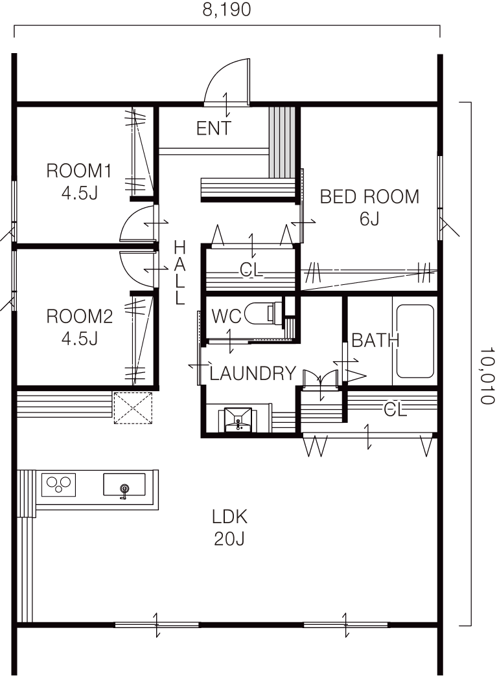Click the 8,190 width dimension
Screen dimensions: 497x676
(x=227, y=10)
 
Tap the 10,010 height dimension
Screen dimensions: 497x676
(x=487, y=376)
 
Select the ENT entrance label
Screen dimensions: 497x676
(x=214, y=128)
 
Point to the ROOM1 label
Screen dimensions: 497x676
(x=79, y=171)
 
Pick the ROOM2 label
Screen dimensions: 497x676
(x=80, y=317)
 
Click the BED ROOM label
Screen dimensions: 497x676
(x=369, y=197)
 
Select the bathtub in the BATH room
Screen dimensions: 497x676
(x=415, y=341)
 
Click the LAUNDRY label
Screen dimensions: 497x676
(x=253, y=374)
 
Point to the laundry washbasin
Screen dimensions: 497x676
(x=238, y=419)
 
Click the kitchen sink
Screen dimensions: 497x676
(x=124, y=485)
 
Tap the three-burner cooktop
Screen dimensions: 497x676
(x=59, y=484)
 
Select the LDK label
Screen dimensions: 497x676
(x=229, y=517)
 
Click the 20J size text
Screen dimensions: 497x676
(x=229, y=539)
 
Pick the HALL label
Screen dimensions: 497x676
(x=179, y=273)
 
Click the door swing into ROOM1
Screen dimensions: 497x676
(x=137, y=223)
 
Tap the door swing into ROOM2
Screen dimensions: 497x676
(x=137, y=269)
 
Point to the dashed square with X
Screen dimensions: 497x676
(x=133, y=407)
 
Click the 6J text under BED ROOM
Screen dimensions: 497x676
(x=369, y=219)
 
